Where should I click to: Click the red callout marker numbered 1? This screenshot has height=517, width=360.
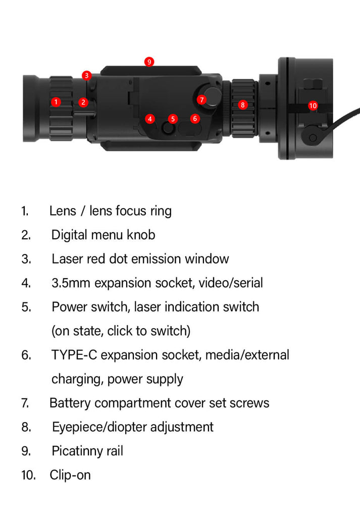tap(56, 102)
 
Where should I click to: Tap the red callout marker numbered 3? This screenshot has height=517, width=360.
tap(87, 76)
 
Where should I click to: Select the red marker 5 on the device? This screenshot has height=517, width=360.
tap(173, 119)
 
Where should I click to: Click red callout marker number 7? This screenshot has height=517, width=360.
tap(202, 100)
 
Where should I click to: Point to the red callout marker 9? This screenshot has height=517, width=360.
tap(149, 62)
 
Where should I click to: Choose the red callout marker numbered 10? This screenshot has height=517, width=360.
tap(313, 106)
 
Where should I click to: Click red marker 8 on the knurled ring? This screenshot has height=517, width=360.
tap(243, 105)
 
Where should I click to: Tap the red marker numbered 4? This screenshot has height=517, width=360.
tap(150, 119)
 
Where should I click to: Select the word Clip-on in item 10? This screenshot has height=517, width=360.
tap(70, 475)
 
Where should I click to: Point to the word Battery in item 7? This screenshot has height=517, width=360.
tap(70, 403)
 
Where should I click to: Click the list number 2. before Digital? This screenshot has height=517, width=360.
tap(26, 235)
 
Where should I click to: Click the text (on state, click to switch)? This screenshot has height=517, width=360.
tap(121, 331)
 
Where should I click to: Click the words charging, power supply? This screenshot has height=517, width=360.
tap(117, 379)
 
